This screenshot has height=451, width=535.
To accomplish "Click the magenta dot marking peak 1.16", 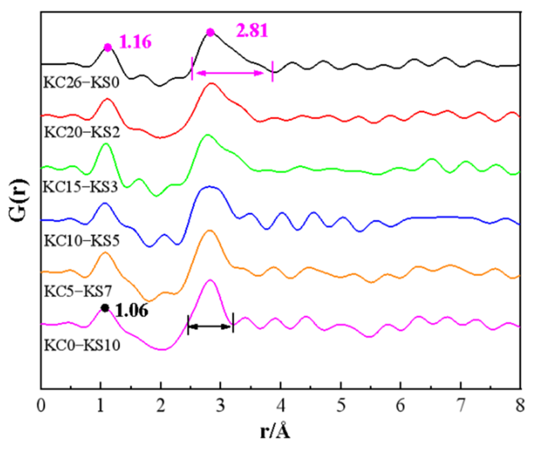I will (x=108, y=47).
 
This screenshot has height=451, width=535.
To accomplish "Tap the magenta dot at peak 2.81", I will (x=210, y=32).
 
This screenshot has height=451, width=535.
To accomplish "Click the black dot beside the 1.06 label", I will (x=105, y=308).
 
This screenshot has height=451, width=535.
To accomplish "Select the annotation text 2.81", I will (x=252, y=32).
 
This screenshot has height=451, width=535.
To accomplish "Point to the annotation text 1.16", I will (x=135, y=43).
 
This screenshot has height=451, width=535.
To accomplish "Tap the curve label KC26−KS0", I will (x=81, y=82).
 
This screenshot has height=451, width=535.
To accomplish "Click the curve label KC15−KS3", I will (x=80, y=187).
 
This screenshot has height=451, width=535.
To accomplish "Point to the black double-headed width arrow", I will (x=211, y=327).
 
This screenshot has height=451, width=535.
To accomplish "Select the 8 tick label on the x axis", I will (x=520, y=407).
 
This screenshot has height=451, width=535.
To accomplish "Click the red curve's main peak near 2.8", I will (x=211, y=83).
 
